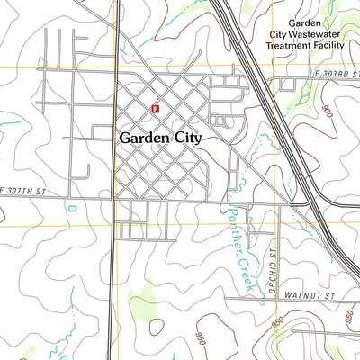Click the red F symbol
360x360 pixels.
(x=156, y=108)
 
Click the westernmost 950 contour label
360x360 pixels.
(x=200, y=337)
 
